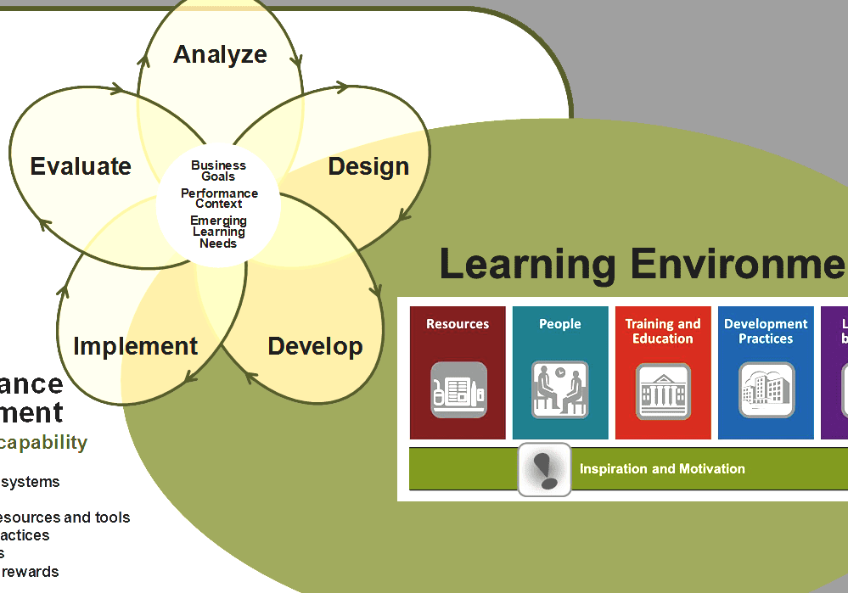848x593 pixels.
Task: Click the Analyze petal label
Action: [x=220, y=54]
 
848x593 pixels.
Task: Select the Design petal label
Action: [x=368, y=166]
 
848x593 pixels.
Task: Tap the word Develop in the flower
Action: [x=315, y=346]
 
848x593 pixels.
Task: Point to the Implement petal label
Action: [x=135, y=346]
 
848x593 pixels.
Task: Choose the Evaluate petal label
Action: [x=81, y=166]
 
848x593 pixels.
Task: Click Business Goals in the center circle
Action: [x=218, y=171]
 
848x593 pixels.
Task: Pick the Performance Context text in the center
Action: [x=219, y=199]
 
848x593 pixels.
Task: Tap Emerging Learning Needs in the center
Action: [x=218, y=232]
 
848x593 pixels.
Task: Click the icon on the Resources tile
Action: [x=458, y=390]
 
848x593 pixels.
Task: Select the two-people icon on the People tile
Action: [x=560, y=390]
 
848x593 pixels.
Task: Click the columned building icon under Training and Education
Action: [x=663, y=391]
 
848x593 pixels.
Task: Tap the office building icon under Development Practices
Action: [x=767, y=390]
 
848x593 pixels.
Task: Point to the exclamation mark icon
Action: [x=544, y=469]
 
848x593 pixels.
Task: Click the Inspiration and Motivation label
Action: [x=662, y=469]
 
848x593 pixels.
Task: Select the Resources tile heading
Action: [x=458, y=324]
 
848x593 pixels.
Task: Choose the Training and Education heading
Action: [x=663, y=331]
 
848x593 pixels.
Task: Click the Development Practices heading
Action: [x=766, y=331]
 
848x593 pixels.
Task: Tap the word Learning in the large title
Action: [x=527, y=264]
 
